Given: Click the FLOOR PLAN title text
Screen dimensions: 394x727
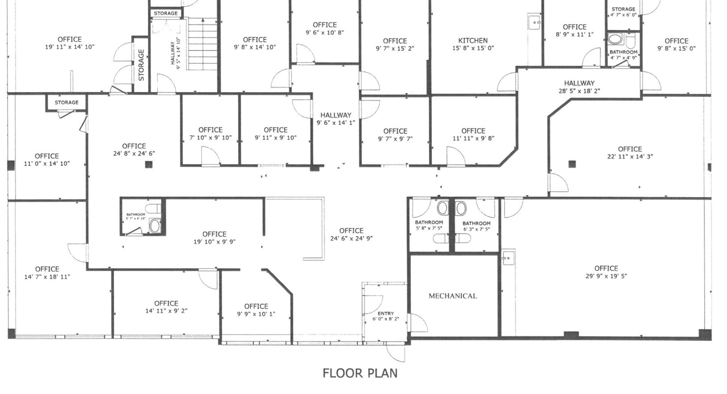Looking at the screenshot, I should (x=360, y=373).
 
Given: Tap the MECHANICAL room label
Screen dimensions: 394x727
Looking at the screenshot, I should (x=452, y=296).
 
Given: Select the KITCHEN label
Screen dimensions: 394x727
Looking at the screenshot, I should (x=473, y=41).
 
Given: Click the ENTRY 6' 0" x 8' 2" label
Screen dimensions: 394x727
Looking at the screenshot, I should (x=386, y=316).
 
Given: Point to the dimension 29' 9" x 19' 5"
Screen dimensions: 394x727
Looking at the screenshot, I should (x=606, y=276).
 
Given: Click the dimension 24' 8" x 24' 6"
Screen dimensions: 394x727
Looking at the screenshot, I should (x=134, y=154).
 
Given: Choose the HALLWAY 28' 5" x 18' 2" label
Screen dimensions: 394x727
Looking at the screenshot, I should (x=579, y=87).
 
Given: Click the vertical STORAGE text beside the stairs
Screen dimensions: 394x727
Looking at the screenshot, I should (x=141, y=65).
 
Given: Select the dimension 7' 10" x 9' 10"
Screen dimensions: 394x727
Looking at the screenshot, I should (x=210, y=138).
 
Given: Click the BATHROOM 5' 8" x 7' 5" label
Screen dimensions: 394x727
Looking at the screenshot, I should (x=429, y=225).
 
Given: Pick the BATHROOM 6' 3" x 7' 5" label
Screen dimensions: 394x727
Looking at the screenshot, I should (x=476, y=226).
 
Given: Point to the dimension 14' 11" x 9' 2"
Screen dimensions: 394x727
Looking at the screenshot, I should (x=166, y=311).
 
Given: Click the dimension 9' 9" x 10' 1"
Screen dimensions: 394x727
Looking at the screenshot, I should (x=256, y=314).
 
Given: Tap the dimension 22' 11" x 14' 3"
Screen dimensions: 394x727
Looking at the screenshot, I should (x=630, y=157).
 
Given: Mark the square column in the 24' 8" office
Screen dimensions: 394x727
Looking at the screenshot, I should (x=149, y=164).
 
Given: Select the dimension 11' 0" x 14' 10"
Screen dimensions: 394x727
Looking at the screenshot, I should (x=47, y=163).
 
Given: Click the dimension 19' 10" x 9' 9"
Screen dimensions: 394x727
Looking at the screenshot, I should (x=214, y=242).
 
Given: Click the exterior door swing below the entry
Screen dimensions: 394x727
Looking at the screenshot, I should (x=396, y=353).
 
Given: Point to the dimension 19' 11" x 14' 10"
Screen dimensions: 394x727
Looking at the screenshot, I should (x=70, y=47).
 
